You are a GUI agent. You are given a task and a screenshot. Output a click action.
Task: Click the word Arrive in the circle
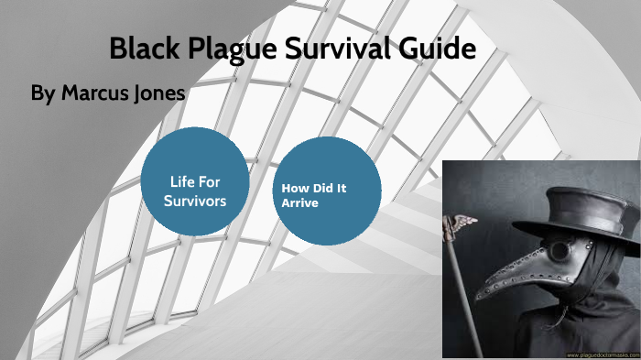[299, 203]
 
